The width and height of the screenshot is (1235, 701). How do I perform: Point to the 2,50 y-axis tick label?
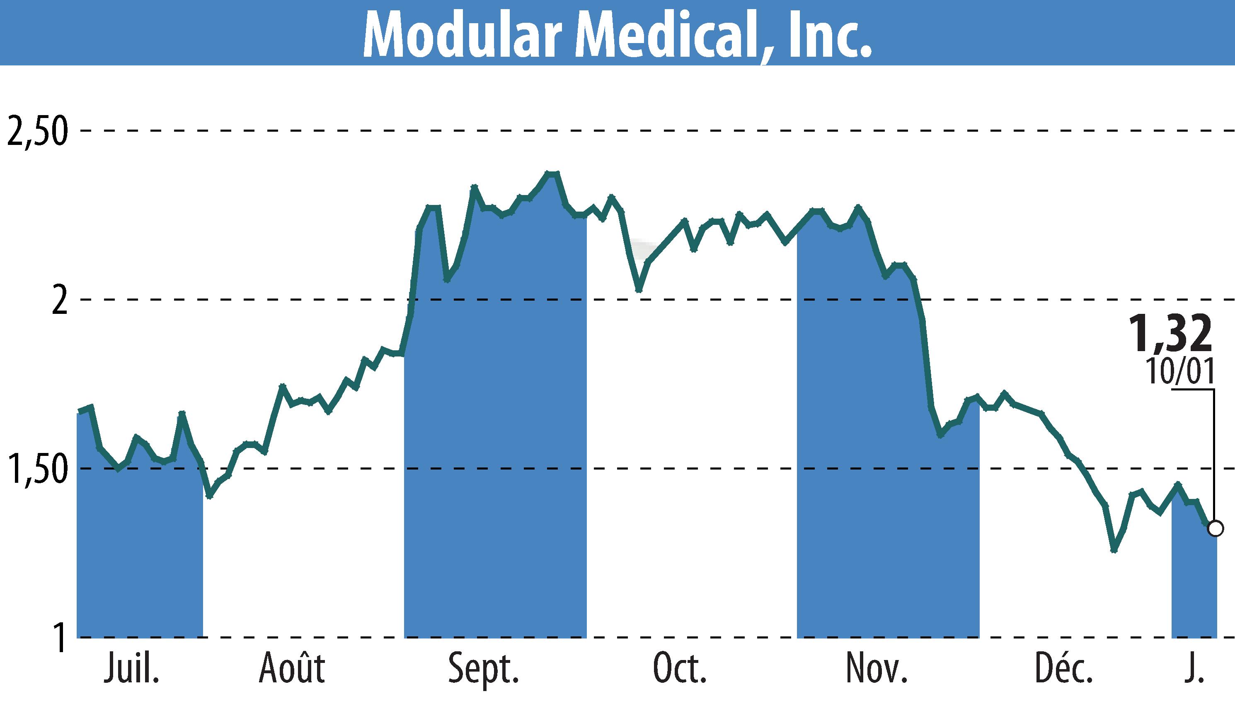(x=37, y=131)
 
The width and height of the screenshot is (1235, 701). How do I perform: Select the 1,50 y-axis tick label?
(x=37, y=469)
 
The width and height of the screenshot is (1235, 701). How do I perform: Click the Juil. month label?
(x=131, y=668)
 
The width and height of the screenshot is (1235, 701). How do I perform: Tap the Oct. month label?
(x=680, y=668)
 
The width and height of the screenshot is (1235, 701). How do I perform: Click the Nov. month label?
(x=877, y=668)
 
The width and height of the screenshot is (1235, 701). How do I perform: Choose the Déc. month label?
(x=1064, y=668)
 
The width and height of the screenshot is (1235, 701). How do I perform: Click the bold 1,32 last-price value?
(x=1170, y=334)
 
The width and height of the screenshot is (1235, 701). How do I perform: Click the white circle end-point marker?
(x=1215, y=529)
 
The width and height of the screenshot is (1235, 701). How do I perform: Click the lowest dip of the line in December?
(x=1114, y=550)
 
